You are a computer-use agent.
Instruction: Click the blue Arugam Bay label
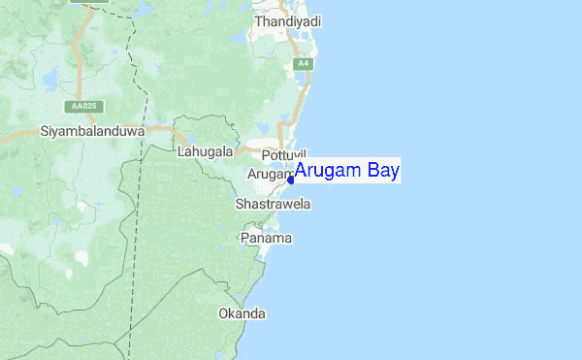pyautogui.click(x=347, y=172)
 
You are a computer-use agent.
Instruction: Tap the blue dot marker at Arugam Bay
pyautogui.click(x=291, y=180)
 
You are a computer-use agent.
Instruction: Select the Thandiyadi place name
pyautogui.click(x=288, y=20)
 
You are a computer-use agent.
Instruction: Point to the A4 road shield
pyautogui.click(x=304, y=64)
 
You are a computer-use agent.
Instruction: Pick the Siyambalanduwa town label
pyautogui.click(x=92, y=130)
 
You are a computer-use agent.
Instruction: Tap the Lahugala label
pyautogui.click(x=206, y=152)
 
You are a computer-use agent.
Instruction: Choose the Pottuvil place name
pyautogui.click(x=283, y=155)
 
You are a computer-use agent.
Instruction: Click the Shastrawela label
pyautogui.click(x=273, y=205)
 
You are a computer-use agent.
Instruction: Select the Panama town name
pyautogui.click(x=267, y=239)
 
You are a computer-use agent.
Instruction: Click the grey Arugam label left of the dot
pyautogui.click(x=269, y=174)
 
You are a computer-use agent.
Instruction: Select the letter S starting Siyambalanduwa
pyautogui.click(x=44, y=130)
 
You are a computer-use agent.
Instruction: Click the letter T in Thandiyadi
pyautogui.click(x=259, y=20)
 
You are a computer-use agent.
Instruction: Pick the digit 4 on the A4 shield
pyautogui.click(x=307, y=64)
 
